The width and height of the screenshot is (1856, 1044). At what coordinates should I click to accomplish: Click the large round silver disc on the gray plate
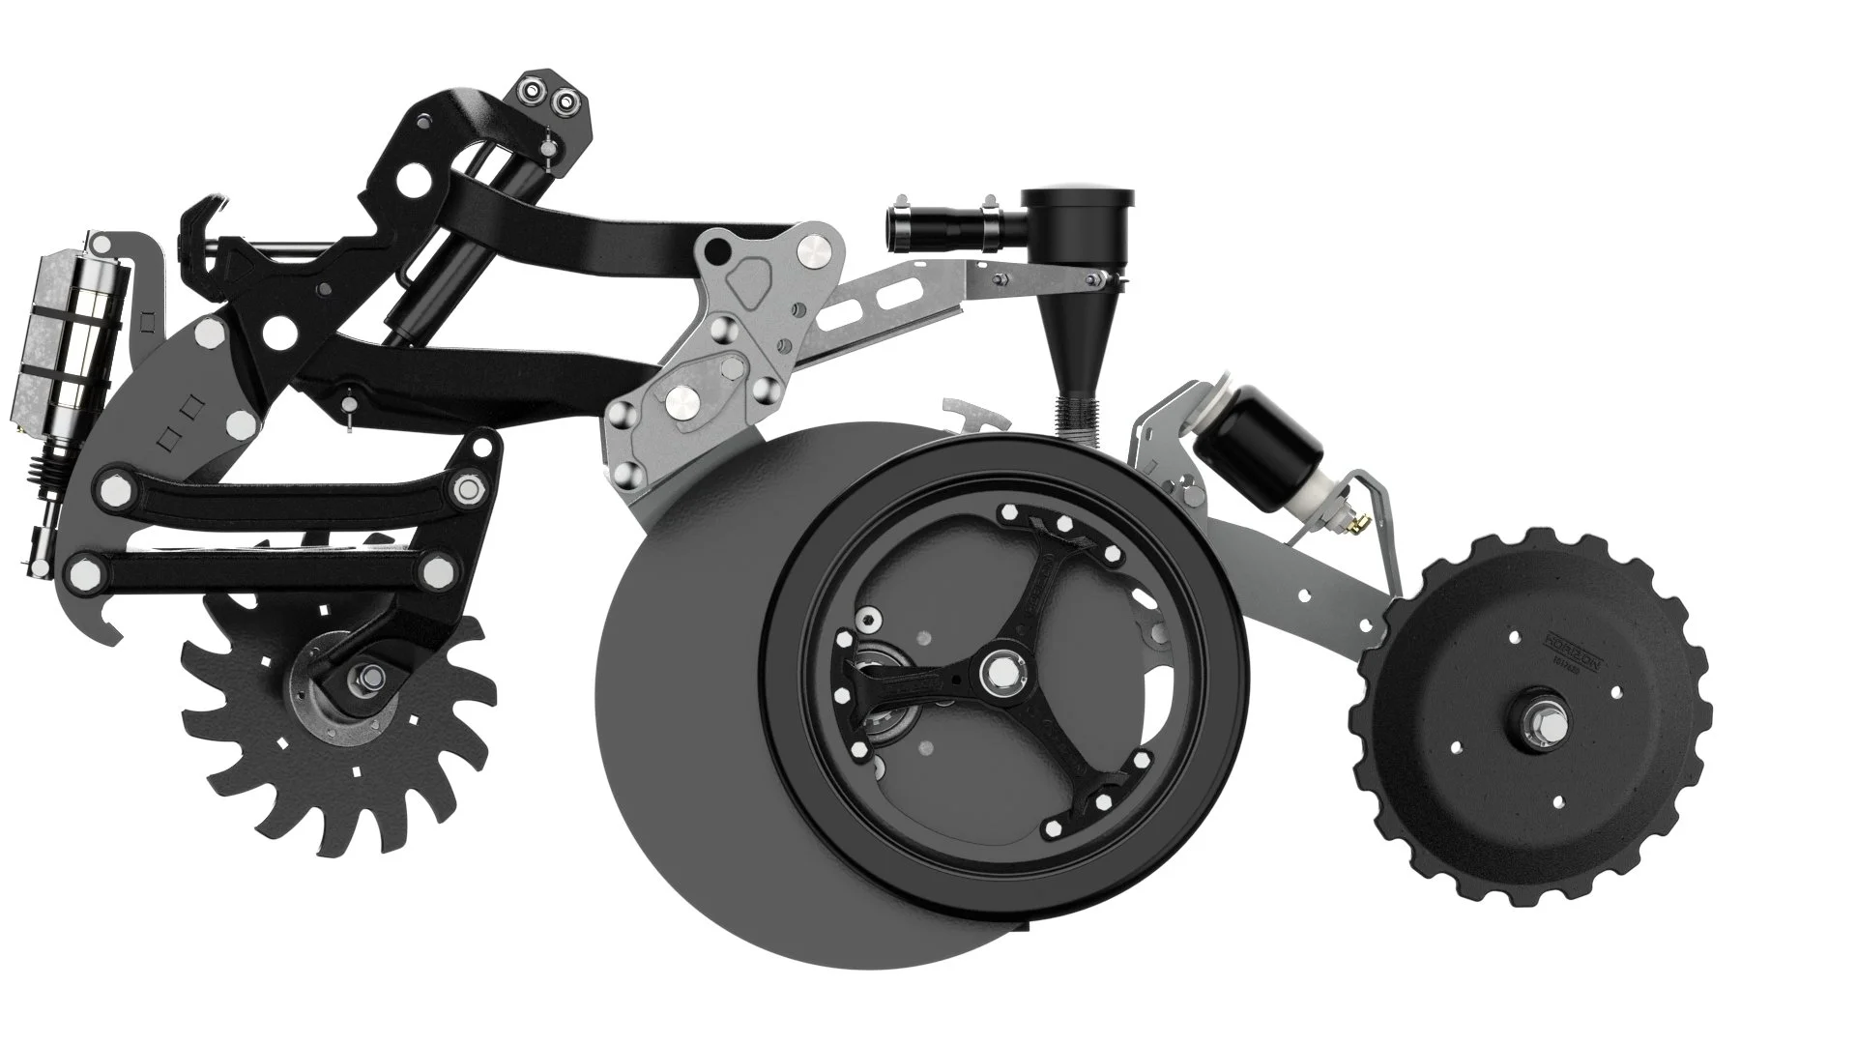(x=815, y=248)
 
